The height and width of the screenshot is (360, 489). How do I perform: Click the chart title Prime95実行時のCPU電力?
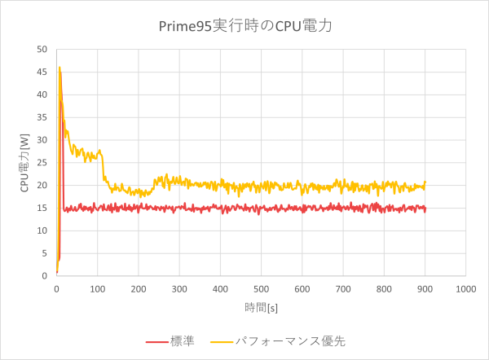[245, 26]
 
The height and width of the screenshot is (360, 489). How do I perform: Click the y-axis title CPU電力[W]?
[24, 163]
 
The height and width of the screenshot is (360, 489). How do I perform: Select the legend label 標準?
[184, 341]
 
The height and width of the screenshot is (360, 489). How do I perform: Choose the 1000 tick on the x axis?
[465, 288]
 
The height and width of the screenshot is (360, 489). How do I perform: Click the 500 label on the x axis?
[261, 288]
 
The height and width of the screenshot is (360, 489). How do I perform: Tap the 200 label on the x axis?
[138, 288]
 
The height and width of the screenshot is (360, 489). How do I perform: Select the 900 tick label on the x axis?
[425, 288]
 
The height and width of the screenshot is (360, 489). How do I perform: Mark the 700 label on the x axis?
[342, 288]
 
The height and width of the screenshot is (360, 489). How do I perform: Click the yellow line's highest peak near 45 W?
[59, 68]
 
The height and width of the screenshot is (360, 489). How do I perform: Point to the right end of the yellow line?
[425, 182]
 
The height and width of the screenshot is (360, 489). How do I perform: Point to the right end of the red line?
[425, 209]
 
